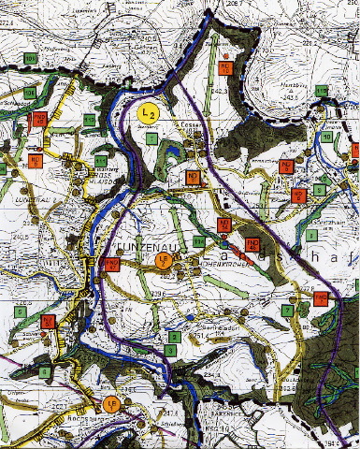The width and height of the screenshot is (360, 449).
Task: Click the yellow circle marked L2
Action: (147, 112)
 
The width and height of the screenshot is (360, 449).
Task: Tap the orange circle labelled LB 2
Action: (162, 260)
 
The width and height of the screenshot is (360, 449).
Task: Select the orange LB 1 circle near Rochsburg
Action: (110, 403)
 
